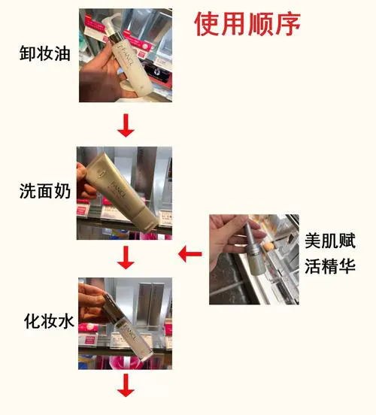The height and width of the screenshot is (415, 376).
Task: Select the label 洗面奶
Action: [x=44, y=192]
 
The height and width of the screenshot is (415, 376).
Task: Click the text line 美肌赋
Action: [x=329, y=242]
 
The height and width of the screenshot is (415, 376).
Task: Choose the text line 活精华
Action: [x=329, y=267]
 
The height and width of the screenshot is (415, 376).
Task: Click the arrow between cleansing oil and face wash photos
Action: [x=126, y=127]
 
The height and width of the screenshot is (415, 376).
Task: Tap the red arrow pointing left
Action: [x=190, y=255]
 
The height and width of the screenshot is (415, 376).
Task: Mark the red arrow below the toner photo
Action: [x=126, y=389]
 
